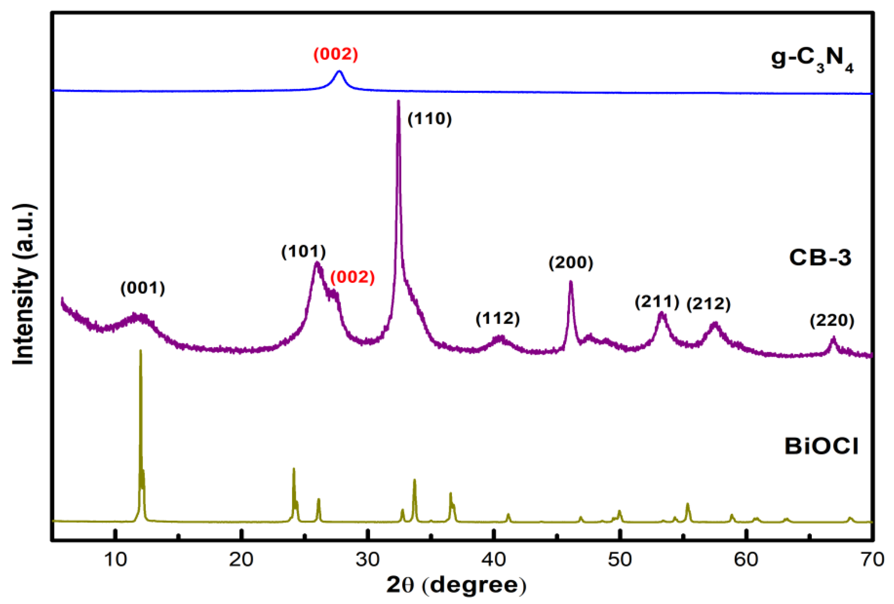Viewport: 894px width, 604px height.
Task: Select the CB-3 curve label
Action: (x=820, y=257)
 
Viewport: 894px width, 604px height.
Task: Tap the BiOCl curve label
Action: (x=821, y=446)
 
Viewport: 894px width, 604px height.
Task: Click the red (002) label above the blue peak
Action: (x=336, y=54)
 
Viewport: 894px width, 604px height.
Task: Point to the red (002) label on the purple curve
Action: (x=352, y=277)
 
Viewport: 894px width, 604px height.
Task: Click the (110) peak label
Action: (x=429, y=119)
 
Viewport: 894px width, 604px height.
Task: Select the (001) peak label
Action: (x=143, y=288)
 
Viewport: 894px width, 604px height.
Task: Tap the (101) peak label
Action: (x=303, y=252)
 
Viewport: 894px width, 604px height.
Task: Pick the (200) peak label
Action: (x=571, y=263)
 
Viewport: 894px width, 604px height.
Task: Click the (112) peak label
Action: (x=498, y=319)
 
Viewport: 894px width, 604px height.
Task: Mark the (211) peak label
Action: (x=657, y=302)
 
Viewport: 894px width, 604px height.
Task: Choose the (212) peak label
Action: (x=709, y=304)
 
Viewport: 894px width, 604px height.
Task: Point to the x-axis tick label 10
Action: (x=115, y=560)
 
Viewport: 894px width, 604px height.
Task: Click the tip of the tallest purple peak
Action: (x=398, y=101)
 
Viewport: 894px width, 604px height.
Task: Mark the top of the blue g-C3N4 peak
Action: (x=339, y=71)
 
